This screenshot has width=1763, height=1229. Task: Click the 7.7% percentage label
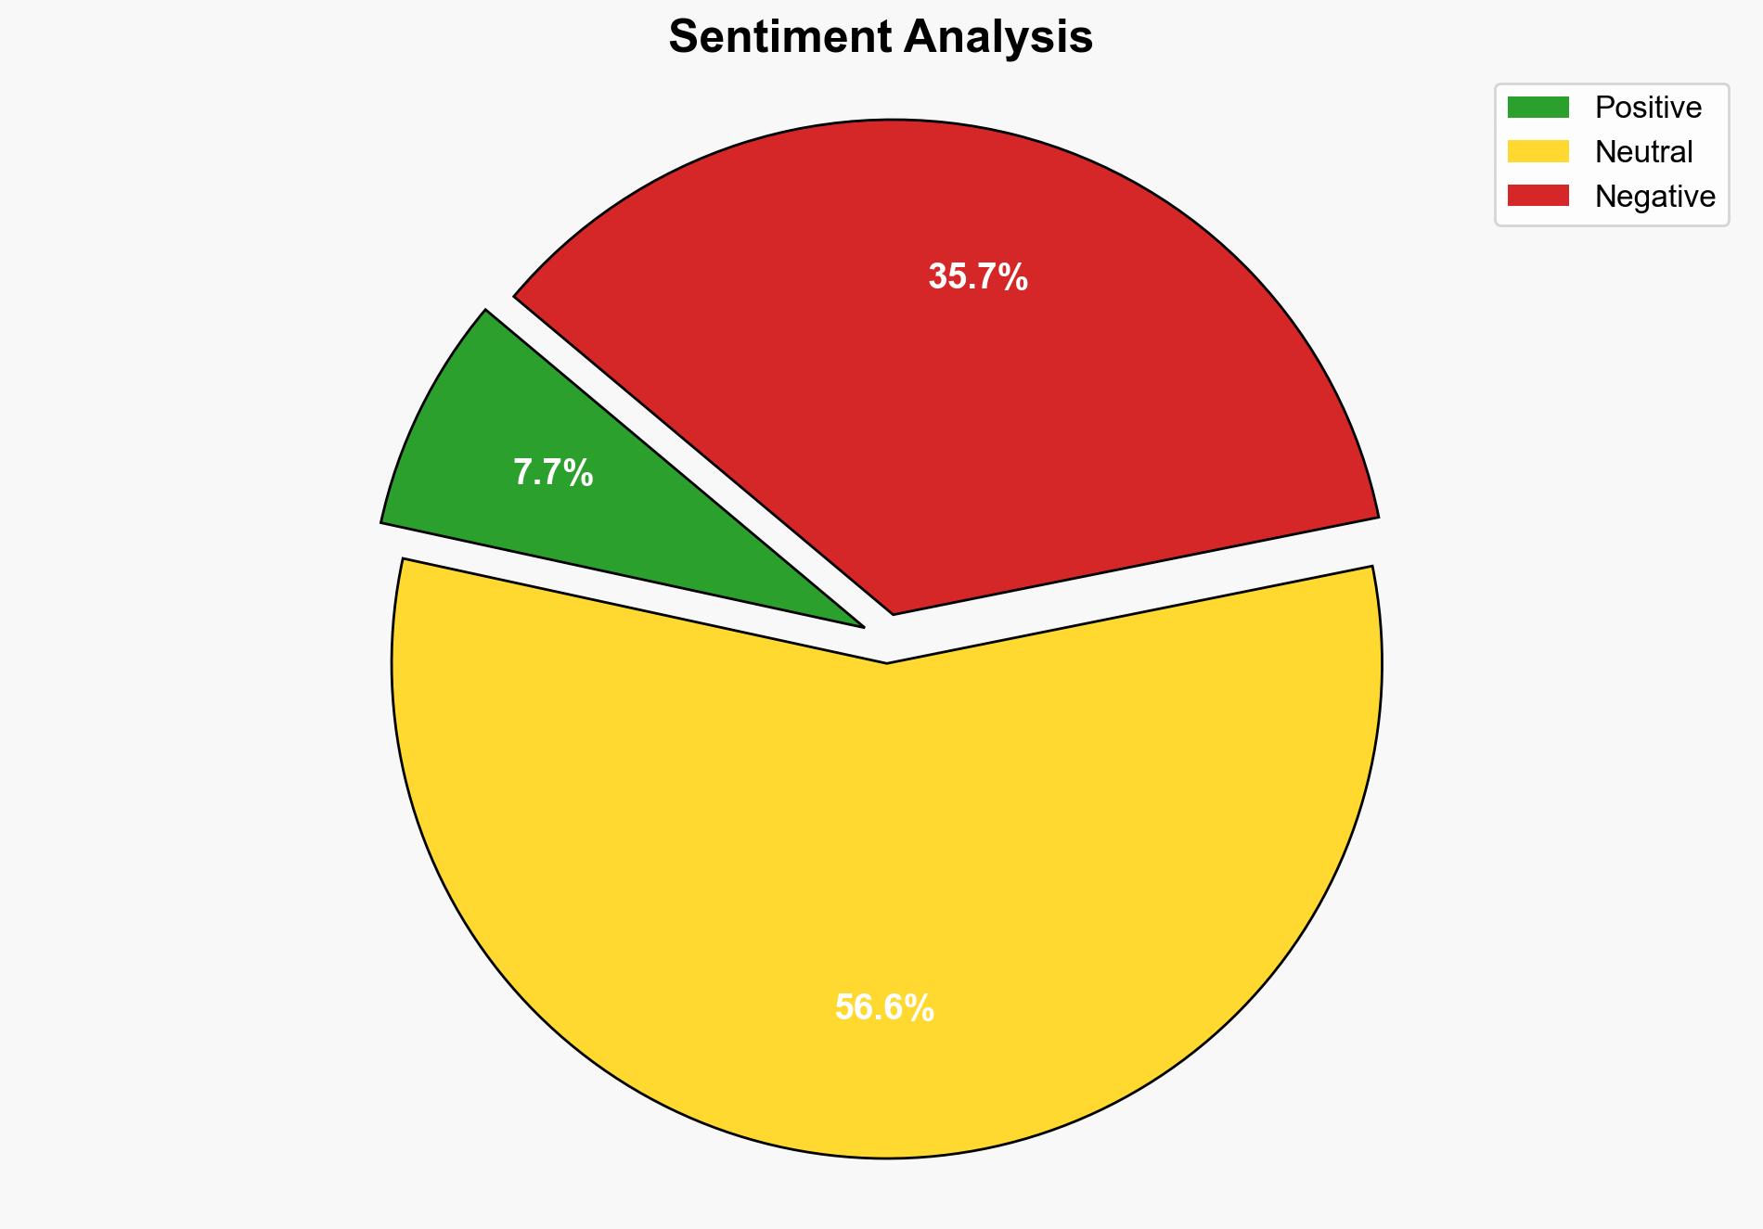553,473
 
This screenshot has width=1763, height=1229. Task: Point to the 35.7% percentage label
978,277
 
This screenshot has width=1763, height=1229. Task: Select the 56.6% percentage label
884,1007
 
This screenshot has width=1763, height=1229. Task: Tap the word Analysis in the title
998,38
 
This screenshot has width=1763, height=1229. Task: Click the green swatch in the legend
1538,108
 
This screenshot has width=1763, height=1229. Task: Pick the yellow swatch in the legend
1538,151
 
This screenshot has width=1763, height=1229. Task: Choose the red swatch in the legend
1538,196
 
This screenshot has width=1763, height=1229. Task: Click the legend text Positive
1648,108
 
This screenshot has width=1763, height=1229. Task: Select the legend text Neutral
1643,152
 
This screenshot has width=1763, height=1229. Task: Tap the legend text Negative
1654,197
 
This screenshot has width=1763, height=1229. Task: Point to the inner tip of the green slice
861,626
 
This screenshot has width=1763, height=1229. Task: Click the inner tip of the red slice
893,611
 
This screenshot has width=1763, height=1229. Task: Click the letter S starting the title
681,38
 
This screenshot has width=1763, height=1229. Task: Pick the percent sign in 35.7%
1014,277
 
